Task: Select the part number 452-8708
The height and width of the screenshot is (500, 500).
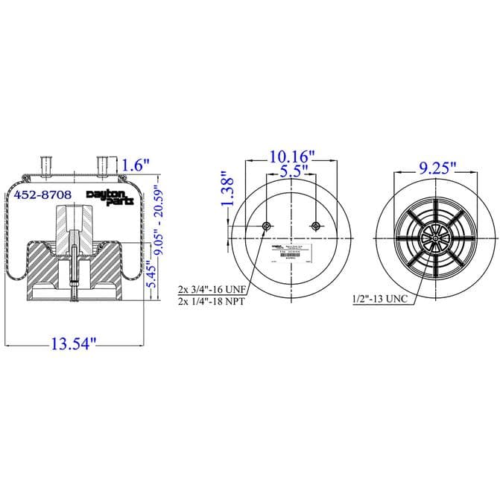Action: (43, 194)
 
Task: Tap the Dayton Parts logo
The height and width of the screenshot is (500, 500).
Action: (111, 197)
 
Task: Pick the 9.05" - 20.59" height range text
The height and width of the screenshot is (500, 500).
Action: (156, 221)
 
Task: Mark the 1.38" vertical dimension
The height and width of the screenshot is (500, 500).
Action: (229, 190)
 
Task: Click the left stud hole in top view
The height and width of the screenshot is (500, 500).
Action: (267, 227)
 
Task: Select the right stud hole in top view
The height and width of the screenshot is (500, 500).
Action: (317, 227)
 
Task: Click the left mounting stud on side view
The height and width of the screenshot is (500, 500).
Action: (45, 164)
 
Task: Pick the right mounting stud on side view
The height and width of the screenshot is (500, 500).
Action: (103, 164)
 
